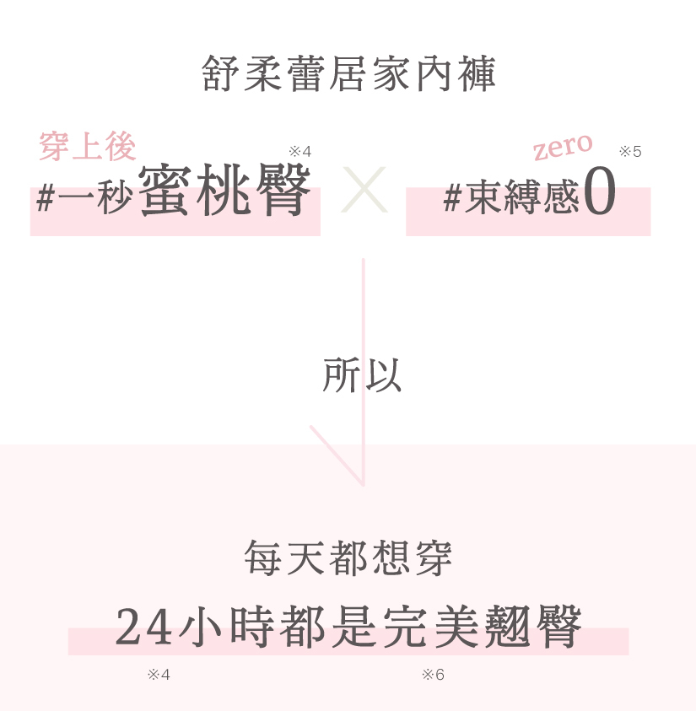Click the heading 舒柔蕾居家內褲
click(x=349, y=74)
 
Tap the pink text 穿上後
click(x=87, y=147)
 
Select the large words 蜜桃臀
click(x=224, y=191)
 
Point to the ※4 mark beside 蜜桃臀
click(x=299, y=152)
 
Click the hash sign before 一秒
click(x=46, y=199)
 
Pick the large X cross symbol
click(x=364, y=190)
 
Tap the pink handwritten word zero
click(x=563, y=147)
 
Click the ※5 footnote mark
click(x=630, y=152)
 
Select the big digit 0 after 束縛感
click(x=599, y=194)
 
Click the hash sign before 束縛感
click(x=452, y=199)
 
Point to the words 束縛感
click(x=521, y=199)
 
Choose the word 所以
click(x=362, y=376)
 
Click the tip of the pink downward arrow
click(x=363, y=484)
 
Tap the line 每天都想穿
click(x=348, y=558)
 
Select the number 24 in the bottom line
click(x=143, y=628)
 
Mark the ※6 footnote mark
click(x=433, y=675)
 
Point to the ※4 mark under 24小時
click(x=159, y=675)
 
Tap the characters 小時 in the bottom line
click(x=223, y=628)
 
